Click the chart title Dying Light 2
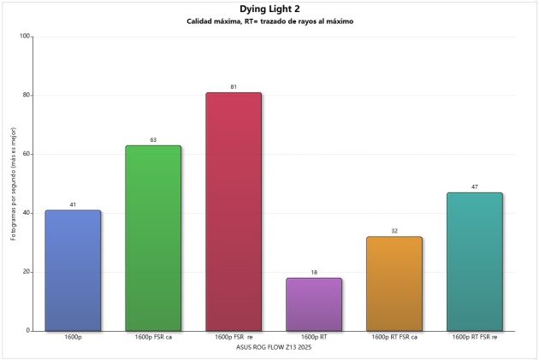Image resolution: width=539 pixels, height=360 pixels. click(269, 9)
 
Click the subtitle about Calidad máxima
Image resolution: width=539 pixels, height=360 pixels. click(269, 21)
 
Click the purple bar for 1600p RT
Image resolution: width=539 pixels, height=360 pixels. click(314, 304)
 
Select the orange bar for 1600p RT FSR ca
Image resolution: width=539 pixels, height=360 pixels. click(394, 284)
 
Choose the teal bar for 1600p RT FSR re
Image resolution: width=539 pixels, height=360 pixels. click(475, 262)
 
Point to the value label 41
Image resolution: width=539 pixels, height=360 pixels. click(73, 204)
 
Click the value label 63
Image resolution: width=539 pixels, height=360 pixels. click(153, 139)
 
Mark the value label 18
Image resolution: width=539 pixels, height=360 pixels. click(314, 272)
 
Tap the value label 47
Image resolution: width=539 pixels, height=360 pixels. click(475, 186)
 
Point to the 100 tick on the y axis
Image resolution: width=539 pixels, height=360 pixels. click(24, 36)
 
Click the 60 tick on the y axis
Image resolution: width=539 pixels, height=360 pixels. click(26, 154)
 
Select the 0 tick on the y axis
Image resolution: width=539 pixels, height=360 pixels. click(28, 331)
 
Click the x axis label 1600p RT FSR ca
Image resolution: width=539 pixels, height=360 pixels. click(394, 338)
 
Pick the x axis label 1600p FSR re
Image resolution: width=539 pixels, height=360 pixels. click(234, 338)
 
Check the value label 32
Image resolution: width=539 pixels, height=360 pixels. click(394, 231)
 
